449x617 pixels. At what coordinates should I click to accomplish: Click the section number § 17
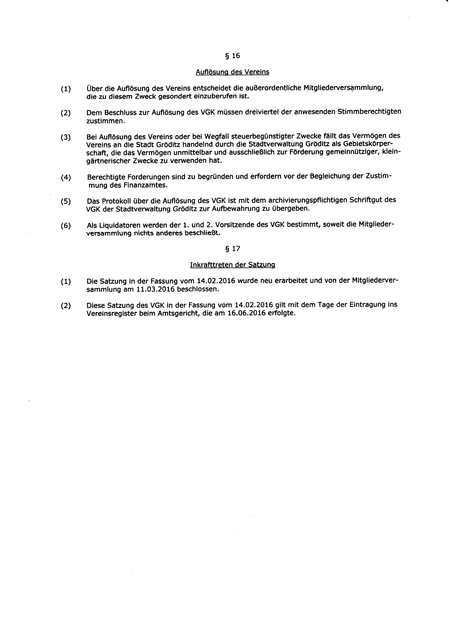233,249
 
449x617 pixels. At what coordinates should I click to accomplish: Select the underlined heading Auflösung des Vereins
233,72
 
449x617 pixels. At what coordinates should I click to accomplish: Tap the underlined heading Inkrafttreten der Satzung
233,265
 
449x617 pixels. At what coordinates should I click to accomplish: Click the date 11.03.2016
155,289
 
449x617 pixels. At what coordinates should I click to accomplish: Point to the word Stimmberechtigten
369,112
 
